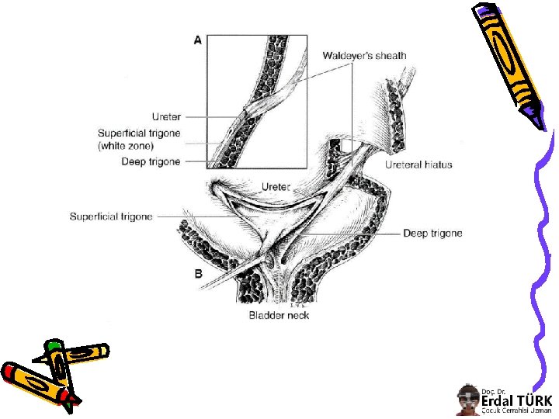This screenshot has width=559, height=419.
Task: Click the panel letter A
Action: click(198, 40)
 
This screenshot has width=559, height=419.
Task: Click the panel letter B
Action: click(198, 273)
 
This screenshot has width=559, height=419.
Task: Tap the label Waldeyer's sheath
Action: click(364, 56)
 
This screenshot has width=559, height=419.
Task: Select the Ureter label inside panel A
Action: click(166, 117)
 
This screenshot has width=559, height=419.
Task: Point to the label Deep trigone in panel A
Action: click(151, 162)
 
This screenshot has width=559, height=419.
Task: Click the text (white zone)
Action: click(127, 146)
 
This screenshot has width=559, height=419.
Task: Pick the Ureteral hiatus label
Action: click(418, 164)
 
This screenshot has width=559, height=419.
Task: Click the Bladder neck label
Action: click(279, 315)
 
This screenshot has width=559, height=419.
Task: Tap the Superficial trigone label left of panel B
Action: click(111, 216)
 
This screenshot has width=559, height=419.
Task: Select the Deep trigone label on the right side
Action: click(432, 234)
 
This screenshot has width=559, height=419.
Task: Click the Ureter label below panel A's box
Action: click(276, 187)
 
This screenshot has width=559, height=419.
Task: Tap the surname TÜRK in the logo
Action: click(536, 401)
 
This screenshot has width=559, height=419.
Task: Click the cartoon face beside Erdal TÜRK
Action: click(467, 400)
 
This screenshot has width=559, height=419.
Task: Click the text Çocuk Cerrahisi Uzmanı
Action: click(516, 411)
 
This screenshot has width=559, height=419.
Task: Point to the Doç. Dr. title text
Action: click(493, 391)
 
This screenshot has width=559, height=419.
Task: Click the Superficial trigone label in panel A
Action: click(138, 133)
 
